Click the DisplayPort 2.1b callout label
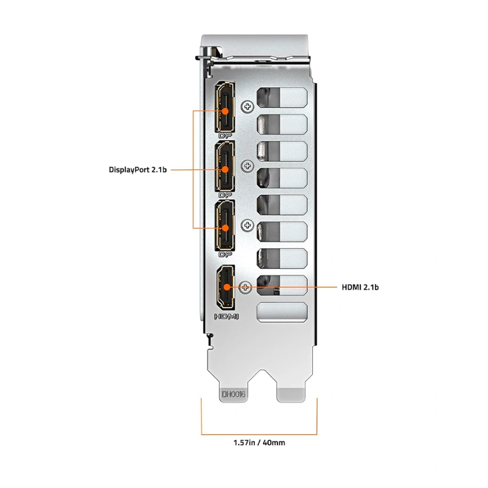click(138, 170)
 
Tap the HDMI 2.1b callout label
click(360, 287)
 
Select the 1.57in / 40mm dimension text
click(259, 442)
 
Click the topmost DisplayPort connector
click(224, 106)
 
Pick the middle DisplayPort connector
click(224, 166)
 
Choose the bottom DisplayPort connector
click(224, 226)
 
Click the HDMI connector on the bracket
click(226, 287)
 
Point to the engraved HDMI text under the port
click(226, 317)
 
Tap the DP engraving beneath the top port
click(225, 136)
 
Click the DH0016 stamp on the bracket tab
click(233, 394)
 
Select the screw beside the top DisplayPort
click(247, 107)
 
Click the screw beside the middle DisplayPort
click(247, 166)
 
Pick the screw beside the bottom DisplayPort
click(247, 225)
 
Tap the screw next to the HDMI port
click(245, 287)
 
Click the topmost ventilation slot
click(282, 98)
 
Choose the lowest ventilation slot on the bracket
click(282, 312)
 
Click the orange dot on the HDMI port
click(227, 287)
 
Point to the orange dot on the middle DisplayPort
click(225, 170)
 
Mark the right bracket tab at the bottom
click(291, 395)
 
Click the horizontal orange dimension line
click(259, 434)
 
